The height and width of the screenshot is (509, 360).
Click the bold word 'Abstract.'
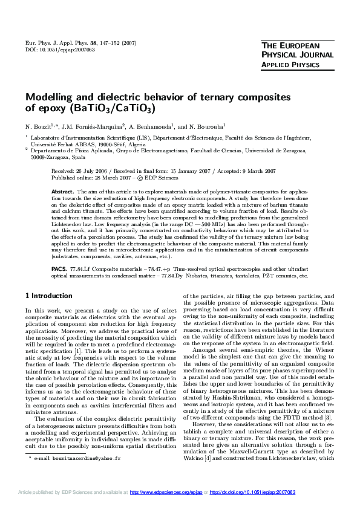tap(63, 190)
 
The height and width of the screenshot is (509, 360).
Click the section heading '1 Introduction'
tap(50, 296)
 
